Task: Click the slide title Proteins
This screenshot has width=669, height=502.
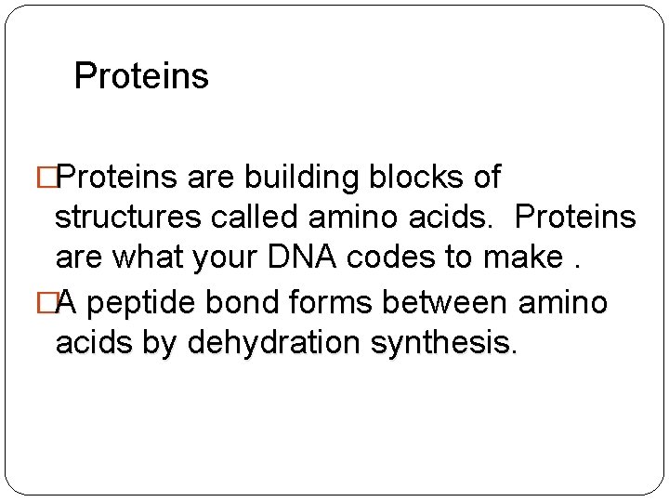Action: click(x=141, y=75)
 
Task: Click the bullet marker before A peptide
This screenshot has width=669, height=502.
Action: click(x=62, y=302)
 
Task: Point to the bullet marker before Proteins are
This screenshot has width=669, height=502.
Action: click(x=62, y=177)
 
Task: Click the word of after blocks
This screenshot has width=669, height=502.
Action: click(x=486, y=177)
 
